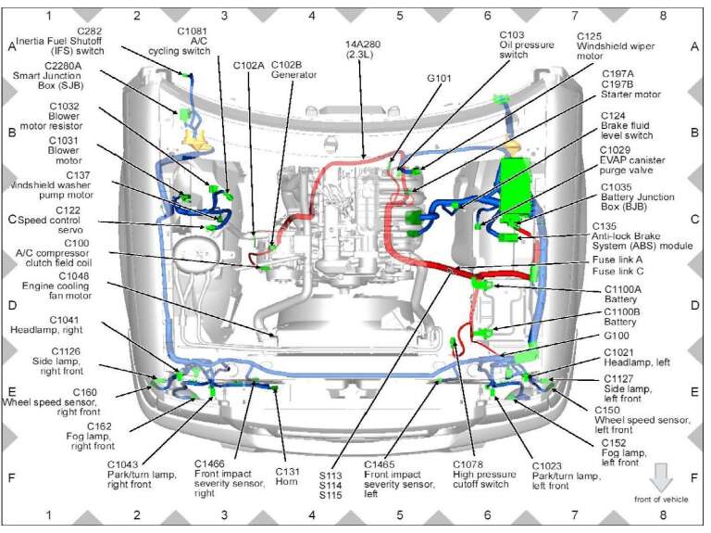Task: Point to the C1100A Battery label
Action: [x=622, y=294]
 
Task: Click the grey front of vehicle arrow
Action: [x=661, y=475]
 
